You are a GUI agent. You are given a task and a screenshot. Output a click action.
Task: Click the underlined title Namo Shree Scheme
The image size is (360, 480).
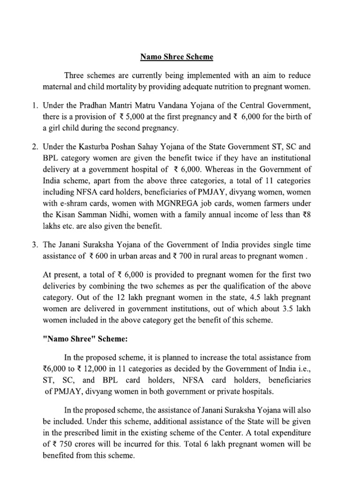pyautogui.click(x=170, y=57)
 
